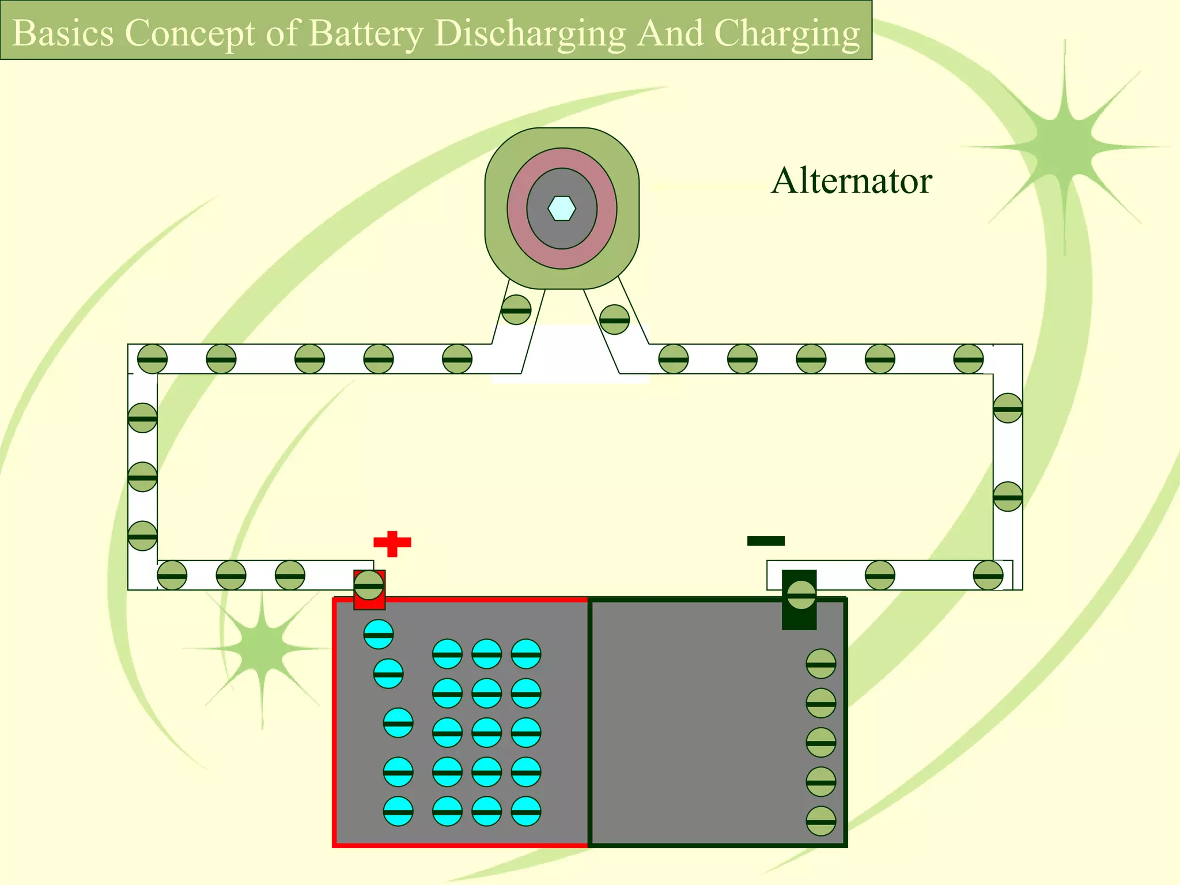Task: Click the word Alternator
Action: pyautogui.click(x=851, y=181)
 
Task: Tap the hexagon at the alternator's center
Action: pyautogui.click(x=562, y=209)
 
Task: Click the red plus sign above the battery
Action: pyautogui.click(x=392, y=543)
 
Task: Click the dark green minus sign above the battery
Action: pyautogui.click(x=766, y=540)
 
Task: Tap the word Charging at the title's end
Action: pyautogui.click(x=787, y=33)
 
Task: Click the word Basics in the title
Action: pyautogui.click(x=63, y=33)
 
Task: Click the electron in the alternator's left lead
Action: pyautogui.click(x=516, y=310)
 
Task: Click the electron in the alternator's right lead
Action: pyautogui.click(x=614, y=320)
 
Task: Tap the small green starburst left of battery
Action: pyautogui.click(x=263, y=648)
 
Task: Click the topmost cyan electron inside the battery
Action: pyautogui.click(x=379, y=634)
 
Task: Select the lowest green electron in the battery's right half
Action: pyautogui.click(x=820, y=821)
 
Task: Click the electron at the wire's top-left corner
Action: pyautogui.click(x=152, y=359)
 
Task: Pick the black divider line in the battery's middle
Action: pyautogui.click(x=589, y=720)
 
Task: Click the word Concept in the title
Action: pyautogui.click(x=190, y=33)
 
